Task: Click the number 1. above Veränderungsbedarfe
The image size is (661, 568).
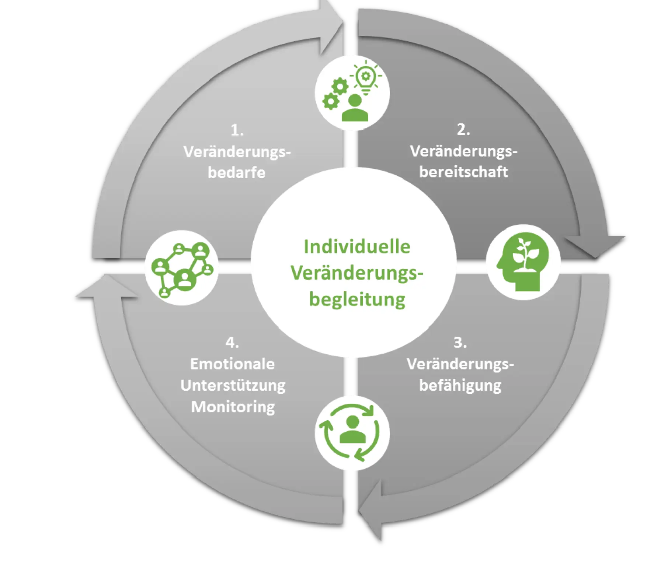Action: tap(237, 130)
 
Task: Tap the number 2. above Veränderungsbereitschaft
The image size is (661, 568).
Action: tap(463, 130)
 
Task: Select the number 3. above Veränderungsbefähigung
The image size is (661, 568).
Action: tap(460, 343)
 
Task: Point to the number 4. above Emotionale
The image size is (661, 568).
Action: tap(232, 343)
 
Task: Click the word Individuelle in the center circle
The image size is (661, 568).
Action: tap(356, 247)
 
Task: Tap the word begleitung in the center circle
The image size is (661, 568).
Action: tap(357, 299)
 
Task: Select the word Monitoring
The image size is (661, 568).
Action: tap(233, 407)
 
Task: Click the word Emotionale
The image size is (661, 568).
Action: tap(232, 364)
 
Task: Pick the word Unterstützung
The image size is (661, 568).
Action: tap(233, 386)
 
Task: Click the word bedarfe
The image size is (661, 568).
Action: tap(237, 173)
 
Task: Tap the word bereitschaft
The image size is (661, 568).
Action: tap(463, 172)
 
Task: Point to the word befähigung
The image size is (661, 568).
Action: tap(460, 386)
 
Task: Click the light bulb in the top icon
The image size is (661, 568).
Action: tap(366, 77)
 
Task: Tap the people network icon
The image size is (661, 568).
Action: tap(182, 268)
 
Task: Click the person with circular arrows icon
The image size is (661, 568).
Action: tap(352, 433)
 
